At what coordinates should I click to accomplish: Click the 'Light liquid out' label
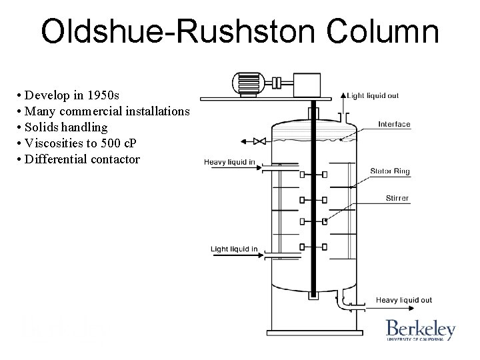373,95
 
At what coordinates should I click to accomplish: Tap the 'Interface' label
394,124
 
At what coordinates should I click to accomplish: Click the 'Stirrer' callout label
397,198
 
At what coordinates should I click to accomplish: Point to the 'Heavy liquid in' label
229,161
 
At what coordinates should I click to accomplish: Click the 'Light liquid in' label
234,249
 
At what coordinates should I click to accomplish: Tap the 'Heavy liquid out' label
404,301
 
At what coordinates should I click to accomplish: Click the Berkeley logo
420,330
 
